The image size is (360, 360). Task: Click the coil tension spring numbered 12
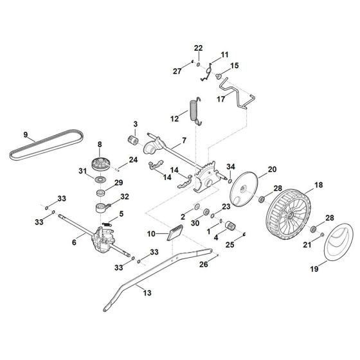click(194, 109)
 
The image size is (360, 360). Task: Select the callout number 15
click(235, 66)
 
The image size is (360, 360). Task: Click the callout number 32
click(124, 197)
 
